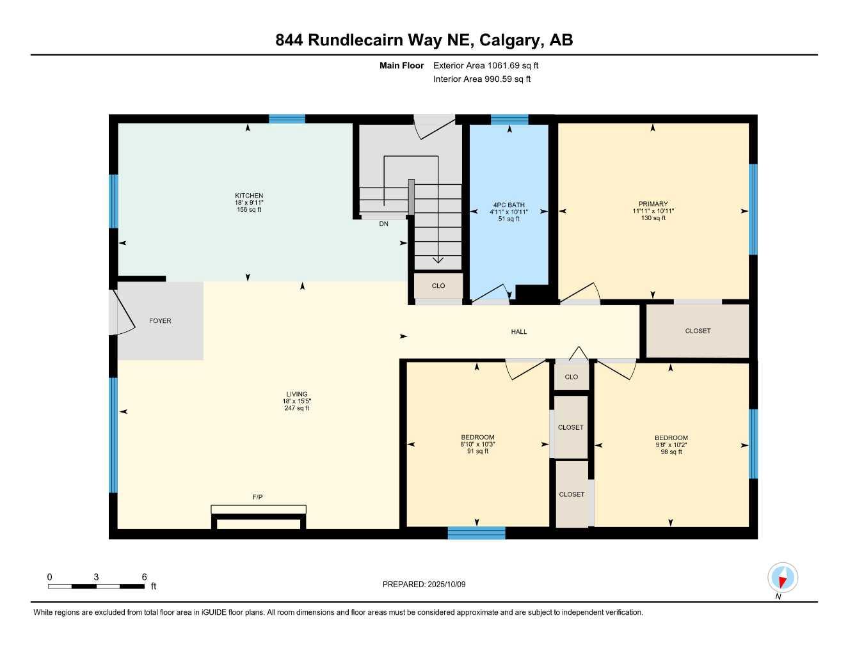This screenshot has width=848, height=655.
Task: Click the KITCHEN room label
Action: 249,196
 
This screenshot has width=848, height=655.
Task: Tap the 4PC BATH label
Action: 509,205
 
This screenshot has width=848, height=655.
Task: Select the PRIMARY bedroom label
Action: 653,204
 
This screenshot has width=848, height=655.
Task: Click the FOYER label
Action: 160,321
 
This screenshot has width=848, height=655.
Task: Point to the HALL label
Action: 519,332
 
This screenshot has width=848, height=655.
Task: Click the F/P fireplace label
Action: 257,497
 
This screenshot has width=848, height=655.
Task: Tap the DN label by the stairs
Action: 383,224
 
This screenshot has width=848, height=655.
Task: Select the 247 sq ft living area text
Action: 297,408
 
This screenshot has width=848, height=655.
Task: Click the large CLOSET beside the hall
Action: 698,331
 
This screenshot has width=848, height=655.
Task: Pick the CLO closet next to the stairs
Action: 438,286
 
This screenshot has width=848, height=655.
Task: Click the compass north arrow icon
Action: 782,578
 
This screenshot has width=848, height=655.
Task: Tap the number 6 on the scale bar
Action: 145,577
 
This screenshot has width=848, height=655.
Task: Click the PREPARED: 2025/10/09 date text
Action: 424,584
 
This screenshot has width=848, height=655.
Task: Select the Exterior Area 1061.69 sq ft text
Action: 486,65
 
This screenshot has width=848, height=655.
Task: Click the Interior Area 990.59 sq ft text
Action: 482,79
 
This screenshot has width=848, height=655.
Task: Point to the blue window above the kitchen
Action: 287,118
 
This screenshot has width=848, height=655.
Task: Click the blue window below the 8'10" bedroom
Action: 476,533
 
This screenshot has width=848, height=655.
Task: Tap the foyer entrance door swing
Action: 124,313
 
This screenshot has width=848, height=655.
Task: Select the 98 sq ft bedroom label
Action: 671,452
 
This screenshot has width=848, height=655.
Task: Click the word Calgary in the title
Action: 509,40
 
